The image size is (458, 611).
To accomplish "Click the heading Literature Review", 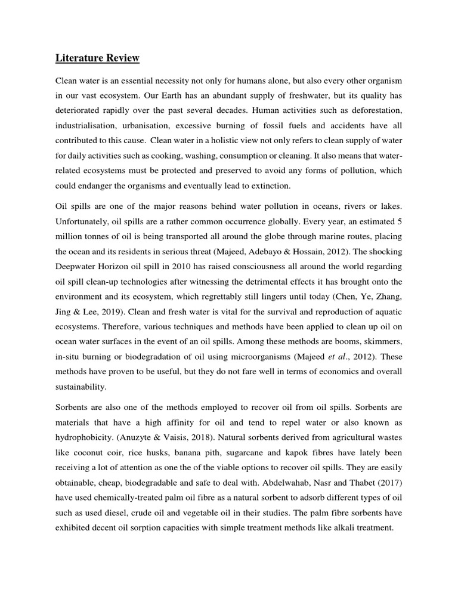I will tap(97, 58).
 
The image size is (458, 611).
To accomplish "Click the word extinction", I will tap(266, 186).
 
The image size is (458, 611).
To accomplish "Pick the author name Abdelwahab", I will tap(256, 482).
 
